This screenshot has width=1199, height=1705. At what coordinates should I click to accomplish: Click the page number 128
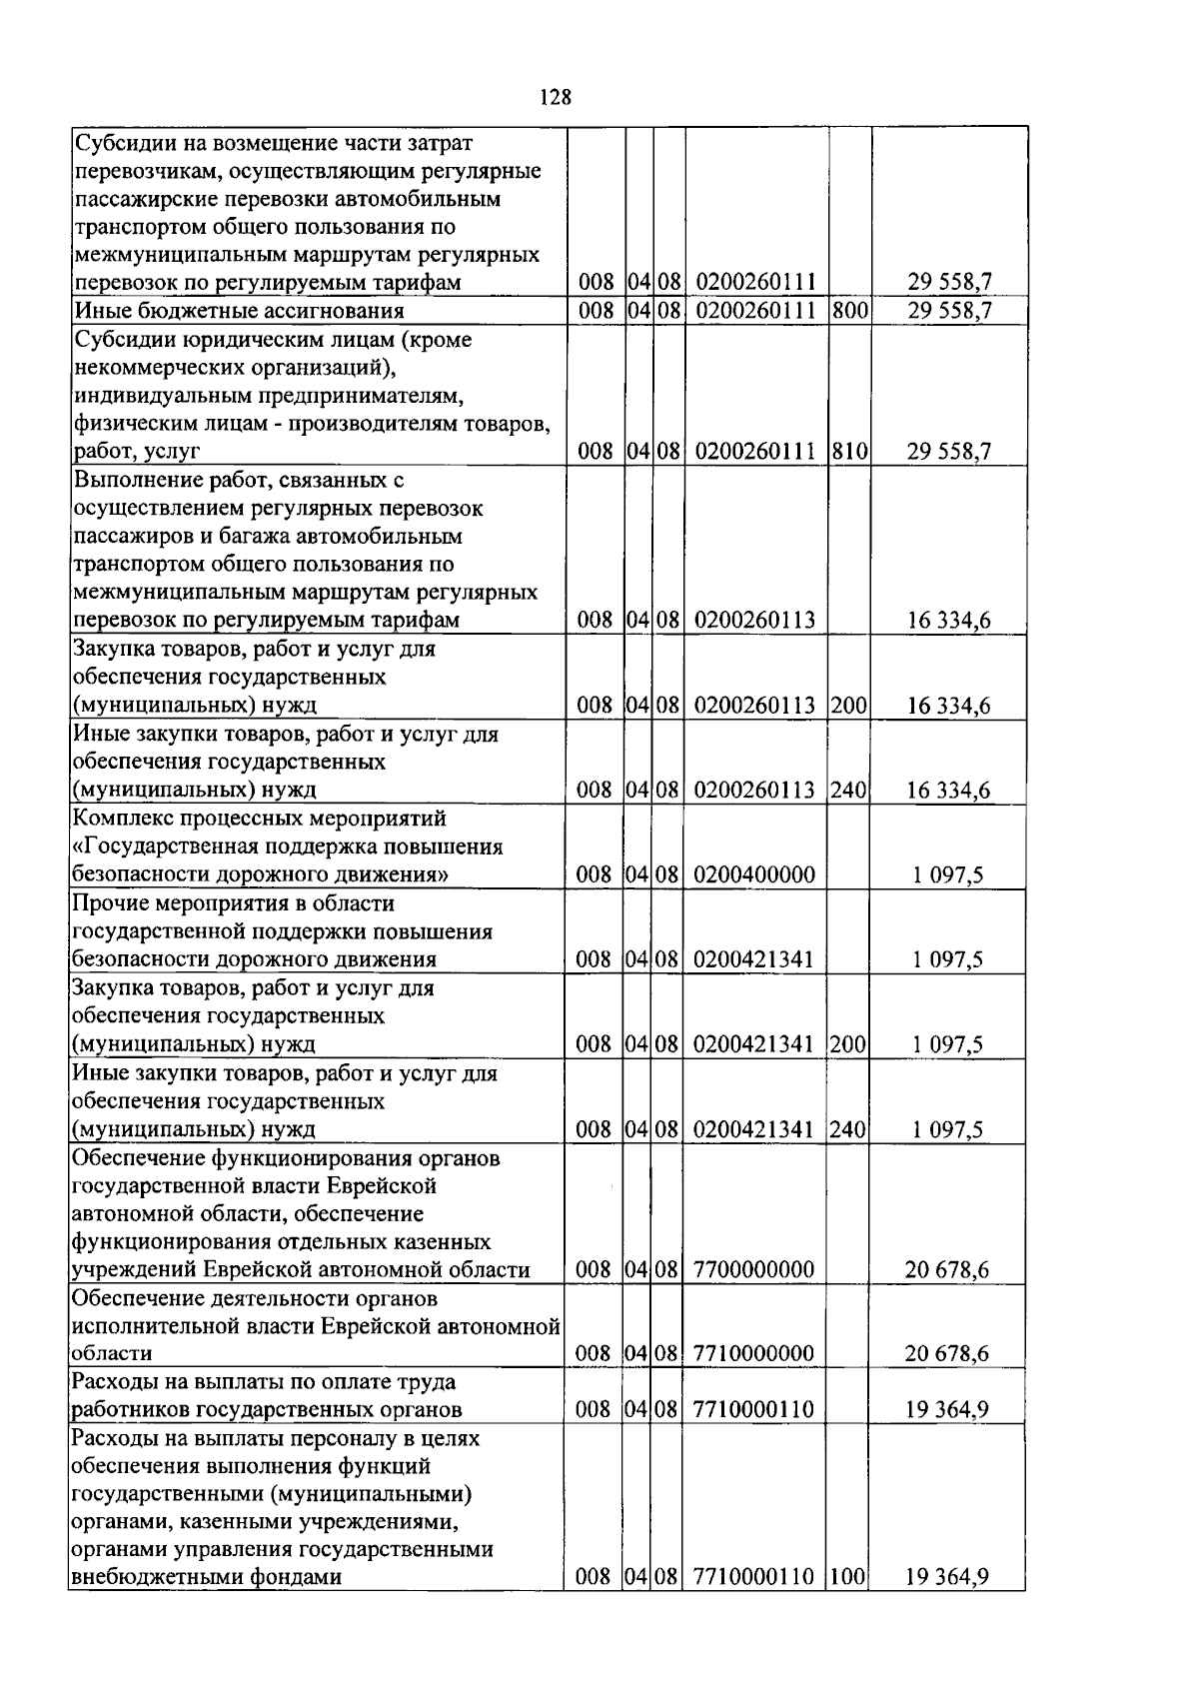556,97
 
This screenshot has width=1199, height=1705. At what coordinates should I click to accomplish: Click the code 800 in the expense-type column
849,311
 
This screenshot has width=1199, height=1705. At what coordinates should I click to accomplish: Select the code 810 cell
849,452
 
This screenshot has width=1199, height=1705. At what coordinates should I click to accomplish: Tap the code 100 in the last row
849,1578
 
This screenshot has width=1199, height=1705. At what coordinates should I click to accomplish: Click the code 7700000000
753,1270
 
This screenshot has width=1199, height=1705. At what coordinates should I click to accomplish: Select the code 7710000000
753,1354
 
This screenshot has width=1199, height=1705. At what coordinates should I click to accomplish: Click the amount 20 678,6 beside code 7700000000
947,1270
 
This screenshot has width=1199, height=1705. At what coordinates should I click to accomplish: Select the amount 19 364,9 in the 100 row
947,1578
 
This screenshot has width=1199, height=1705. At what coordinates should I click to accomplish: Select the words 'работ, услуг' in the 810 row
137,452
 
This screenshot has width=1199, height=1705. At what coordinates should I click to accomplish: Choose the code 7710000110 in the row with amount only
753,1410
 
